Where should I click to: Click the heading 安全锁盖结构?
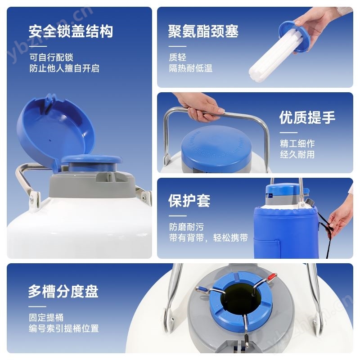[x=71, y=31]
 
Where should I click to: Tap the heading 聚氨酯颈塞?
[x=203, y=31]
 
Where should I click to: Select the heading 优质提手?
[x=307, y=117]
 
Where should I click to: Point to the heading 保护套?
[x=189, y=201]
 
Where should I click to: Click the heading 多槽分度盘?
[x=63, y=292]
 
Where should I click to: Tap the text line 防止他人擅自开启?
[x=64, y=68]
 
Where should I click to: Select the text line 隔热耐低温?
[x=190, y=68]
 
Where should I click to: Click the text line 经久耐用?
[x=297, y=154]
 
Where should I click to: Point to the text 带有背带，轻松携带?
[x=208, y=238]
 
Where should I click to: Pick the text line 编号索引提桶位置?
[x=64, y=328]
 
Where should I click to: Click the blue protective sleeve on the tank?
[x=286, y=232]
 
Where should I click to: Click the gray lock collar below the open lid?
[x=92, y=183]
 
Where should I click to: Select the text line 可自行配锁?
[x=51, y=57]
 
